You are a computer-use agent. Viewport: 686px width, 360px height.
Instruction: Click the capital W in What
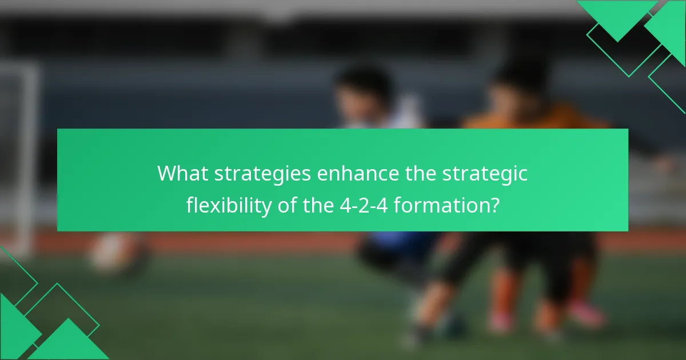[167, 173]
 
